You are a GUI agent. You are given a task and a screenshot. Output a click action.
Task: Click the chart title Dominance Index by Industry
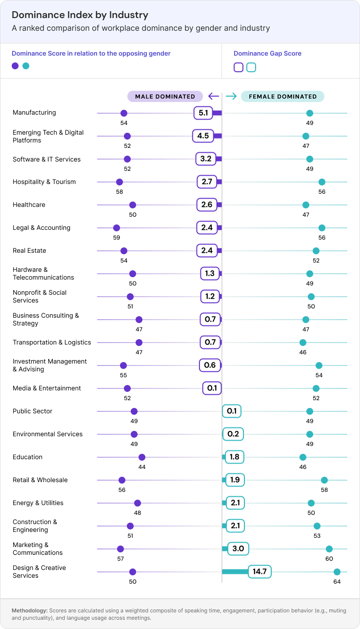(80, 15)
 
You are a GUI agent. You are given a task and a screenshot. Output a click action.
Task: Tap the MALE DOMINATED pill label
(165, 97)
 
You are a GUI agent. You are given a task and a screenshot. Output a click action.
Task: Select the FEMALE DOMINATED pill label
(282, 97)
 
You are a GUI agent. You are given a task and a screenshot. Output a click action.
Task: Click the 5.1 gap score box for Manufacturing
(203, 113)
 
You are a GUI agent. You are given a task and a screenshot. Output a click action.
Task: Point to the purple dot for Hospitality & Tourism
(120, 182)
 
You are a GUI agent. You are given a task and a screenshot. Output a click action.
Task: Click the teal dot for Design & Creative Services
(337, 572)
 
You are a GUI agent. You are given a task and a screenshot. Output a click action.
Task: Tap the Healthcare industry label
(29, 205)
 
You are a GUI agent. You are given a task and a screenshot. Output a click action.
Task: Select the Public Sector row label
(32, 411)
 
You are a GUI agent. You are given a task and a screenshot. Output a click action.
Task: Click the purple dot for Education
(142, 457)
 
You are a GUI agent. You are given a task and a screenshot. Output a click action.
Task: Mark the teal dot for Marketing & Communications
(329, 549)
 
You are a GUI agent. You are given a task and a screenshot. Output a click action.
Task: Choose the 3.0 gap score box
(238, 549)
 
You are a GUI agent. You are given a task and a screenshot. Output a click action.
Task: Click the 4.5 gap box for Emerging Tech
(203, 136)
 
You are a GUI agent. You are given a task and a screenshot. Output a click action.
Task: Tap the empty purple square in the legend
(239, 67)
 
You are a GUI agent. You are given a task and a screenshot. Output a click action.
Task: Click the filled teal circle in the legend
(26, 66)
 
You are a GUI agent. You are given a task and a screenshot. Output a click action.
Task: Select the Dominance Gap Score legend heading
(267, 54)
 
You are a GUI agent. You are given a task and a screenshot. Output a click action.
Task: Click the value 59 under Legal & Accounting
(116, 238)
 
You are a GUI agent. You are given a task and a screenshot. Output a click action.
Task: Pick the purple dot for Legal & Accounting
(116, 228)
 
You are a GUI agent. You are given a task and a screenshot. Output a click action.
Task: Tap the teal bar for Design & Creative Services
(235, 572)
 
